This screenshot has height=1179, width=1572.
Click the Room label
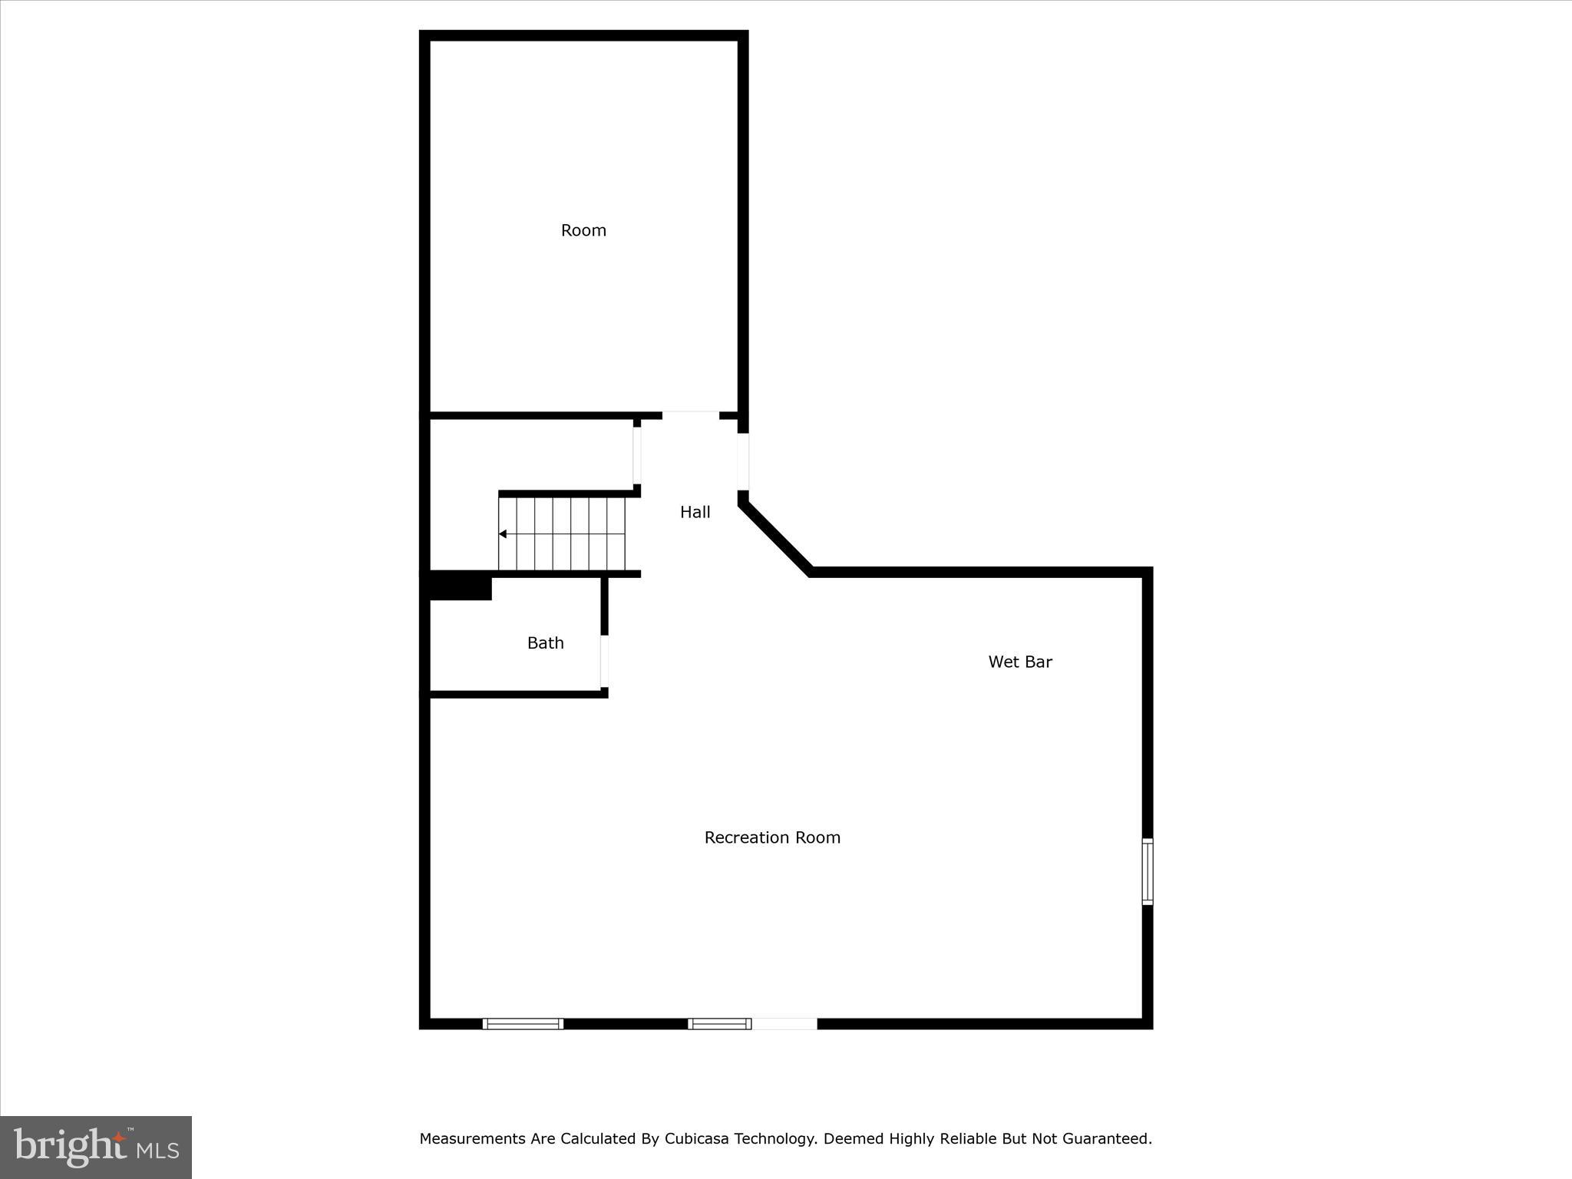point(583,230)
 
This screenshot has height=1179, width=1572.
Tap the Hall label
point(695,512)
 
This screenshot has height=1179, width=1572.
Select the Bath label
point(545,643)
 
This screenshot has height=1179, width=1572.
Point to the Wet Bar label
point(1019,662)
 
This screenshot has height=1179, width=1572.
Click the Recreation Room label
point(772,837)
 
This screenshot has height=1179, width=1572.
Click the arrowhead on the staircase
point(503,533)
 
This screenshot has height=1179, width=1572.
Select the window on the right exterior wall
point(1148,871)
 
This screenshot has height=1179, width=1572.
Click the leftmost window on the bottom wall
point(523,1023)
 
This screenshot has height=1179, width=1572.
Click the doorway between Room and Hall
point(690,415)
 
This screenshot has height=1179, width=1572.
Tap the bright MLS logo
point(96,1147)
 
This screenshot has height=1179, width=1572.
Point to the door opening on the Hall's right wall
point(743,461)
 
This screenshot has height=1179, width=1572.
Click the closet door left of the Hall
point(636,456)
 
